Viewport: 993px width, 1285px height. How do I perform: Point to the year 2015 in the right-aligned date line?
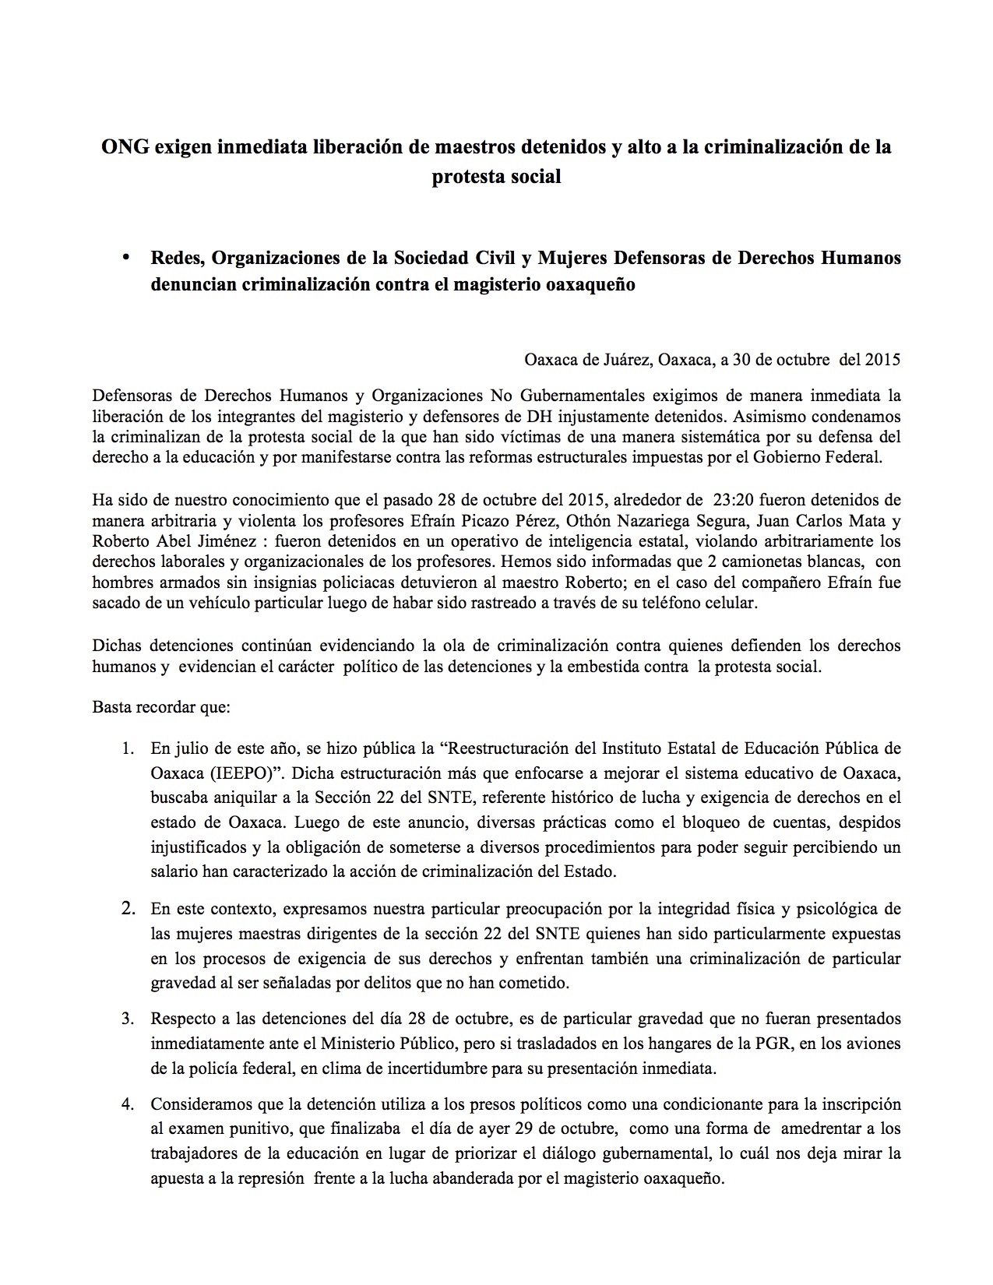882,360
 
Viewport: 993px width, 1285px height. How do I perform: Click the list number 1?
127,749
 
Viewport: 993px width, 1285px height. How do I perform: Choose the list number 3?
127,1019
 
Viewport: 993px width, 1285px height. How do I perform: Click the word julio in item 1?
189,749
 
